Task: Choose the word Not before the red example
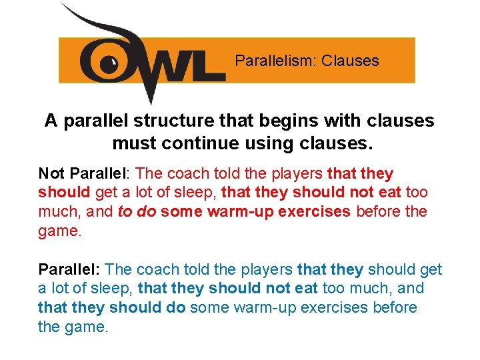(x=51, y=174)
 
